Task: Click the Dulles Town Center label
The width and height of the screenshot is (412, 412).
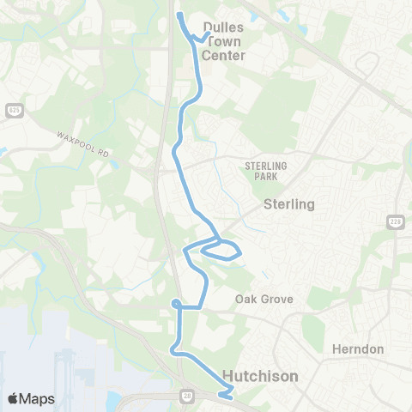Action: [x=223, y=41]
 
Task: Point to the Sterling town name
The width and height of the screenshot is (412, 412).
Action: [x=289, y=204]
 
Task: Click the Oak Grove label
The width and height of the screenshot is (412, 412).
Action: [x=264, y=300]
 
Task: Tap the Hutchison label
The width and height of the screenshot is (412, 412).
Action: [x=261, y=375]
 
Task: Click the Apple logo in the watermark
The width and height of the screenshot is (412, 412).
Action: [x=14, y=398]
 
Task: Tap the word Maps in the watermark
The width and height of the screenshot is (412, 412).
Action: [x=38, y=398]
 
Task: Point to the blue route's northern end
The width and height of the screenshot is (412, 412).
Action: [x=179, y=15]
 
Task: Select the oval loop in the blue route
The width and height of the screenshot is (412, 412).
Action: [x=221, y=251]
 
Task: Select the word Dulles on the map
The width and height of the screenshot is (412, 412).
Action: [x=223, y=27]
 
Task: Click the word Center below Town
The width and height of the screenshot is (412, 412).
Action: [x=223, y=55]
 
